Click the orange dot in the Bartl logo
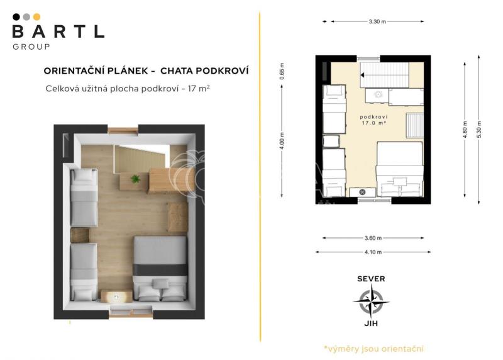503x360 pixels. click(37, 17)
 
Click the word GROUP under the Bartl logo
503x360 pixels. click(31, 47)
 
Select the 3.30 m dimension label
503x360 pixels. click(377, 21)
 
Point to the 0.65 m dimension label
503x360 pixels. click(282, 71)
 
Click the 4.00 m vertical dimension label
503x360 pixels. click(282, 141)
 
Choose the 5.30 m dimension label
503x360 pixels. click(479, 130)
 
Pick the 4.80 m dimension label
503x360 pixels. click(465, 130)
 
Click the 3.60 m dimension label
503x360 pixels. click(373, 238)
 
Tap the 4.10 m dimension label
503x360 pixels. click(373, 252)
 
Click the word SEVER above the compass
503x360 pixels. click(371, 279)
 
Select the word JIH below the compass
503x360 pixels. click(371, 323)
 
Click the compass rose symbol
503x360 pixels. click(371, 301)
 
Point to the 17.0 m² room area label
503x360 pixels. click(373, 123)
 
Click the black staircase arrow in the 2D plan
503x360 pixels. click(362, 75)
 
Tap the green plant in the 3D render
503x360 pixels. click(135, 179)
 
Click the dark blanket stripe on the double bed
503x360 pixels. click(160, 270)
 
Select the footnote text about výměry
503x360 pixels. click(373, 349)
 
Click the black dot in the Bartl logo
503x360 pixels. click(16, 17)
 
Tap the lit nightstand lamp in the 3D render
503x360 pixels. click(117, 297)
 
